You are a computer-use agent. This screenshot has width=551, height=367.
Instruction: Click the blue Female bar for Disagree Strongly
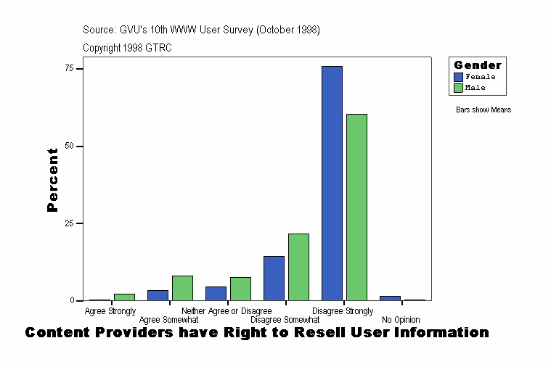coord(332,183)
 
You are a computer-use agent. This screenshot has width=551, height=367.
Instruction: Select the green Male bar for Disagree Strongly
coord(356,207)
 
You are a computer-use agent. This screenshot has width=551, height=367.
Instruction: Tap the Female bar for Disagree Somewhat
coord(274,278)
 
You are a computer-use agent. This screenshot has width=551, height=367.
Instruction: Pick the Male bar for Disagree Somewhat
coord(298,267)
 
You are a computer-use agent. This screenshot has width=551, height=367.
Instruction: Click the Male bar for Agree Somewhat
coord(182,288)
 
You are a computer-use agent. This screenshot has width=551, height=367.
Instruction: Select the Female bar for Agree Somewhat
coord(158,295)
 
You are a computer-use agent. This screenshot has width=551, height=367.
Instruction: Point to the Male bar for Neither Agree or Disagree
coord(240,289)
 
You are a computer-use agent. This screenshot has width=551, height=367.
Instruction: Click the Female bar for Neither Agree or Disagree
coord(216,293)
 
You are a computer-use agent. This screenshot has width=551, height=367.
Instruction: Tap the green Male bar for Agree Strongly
coord(124,297)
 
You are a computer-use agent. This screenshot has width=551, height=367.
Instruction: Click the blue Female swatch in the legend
coord(458,77)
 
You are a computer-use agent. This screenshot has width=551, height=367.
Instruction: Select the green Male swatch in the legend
coord(458,88)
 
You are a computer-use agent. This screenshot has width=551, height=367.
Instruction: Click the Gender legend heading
coord(477,65)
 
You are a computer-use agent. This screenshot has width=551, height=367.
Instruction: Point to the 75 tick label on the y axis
coord(70,68)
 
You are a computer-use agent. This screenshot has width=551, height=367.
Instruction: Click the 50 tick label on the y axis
coord(70,146)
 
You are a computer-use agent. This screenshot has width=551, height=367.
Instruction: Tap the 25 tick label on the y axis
coord(70,223)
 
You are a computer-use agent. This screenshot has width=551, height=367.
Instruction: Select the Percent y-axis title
coord(52,180)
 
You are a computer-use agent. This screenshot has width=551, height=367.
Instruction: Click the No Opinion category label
coord(401,320)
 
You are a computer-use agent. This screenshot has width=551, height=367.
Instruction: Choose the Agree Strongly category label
coord(110,311)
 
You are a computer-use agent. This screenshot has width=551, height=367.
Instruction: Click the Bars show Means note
coord(483,110)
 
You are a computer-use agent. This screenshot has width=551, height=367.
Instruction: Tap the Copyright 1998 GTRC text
coord(127,48)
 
